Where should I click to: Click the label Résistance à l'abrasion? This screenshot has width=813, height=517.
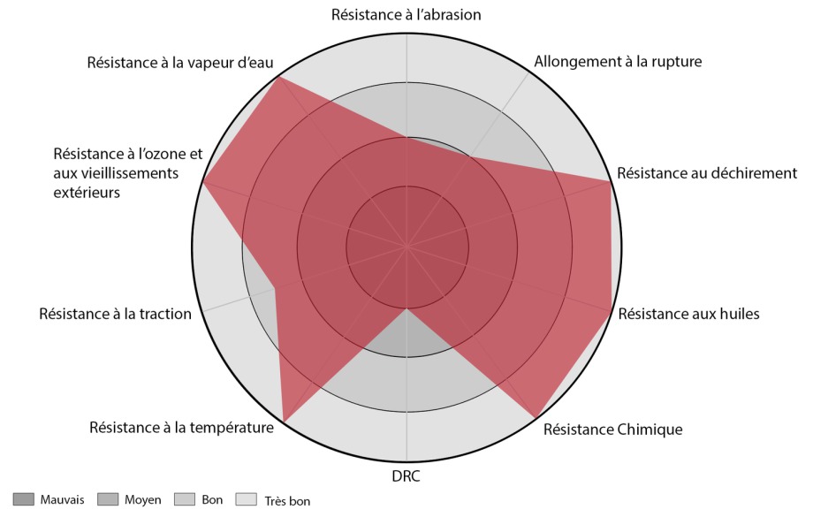click(406, 14)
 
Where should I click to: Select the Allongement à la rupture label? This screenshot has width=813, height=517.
click(619, 62)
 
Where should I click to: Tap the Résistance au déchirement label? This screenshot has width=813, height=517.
click(707, 173)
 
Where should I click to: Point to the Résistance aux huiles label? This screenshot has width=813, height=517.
click(688, 314)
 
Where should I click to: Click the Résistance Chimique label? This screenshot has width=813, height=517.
click(612, 430)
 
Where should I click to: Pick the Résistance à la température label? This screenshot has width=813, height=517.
click(181, 429)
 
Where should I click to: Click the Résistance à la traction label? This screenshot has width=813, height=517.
click(115, 314)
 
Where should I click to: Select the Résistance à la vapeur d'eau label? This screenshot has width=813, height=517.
click(180, 63)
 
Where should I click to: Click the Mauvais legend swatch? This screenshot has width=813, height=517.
click(23, 500)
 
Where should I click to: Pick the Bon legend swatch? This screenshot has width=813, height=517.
click(186, 500)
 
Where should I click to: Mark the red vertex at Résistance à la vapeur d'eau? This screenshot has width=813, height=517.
click(279, 77)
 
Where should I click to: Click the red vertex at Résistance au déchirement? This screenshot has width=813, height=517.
click(611, 181)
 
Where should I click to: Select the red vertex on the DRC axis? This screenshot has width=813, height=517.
click(406, 308)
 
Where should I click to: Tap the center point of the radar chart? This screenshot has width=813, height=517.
click(406, 246)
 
